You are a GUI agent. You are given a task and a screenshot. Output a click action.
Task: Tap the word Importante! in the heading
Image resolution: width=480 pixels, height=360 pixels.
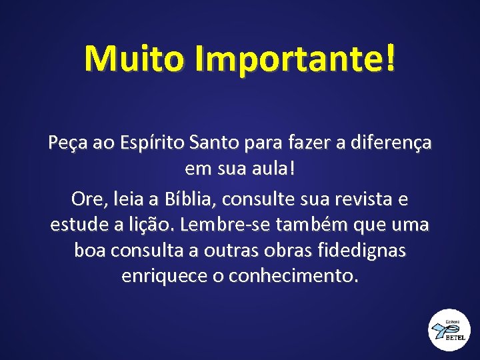pyautogui.click(x=295, y=59)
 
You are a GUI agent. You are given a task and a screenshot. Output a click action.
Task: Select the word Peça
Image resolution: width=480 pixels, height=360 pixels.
pyautogui.click(x=65, y=143)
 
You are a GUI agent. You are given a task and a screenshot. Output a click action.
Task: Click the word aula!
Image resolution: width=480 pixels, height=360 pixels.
pyautogui.click(x=269, y=169)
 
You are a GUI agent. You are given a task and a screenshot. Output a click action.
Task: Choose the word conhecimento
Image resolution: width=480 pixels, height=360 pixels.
pyautogui.click(x=293, y=275)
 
